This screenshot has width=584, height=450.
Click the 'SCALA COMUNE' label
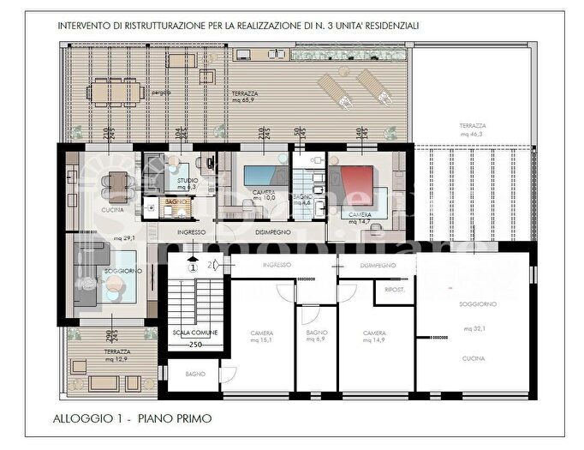[x=194, y=332]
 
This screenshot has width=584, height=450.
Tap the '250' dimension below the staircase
[x=194, y=345]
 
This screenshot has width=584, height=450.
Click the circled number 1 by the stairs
[x=194, y=267]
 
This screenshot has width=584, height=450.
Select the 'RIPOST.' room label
[x=394, y=291]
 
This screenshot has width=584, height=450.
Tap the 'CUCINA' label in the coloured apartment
[x=112, y=209]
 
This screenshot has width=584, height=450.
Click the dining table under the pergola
[x=115, y=90]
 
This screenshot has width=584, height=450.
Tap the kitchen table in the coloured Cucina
[x=115, y=182]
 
